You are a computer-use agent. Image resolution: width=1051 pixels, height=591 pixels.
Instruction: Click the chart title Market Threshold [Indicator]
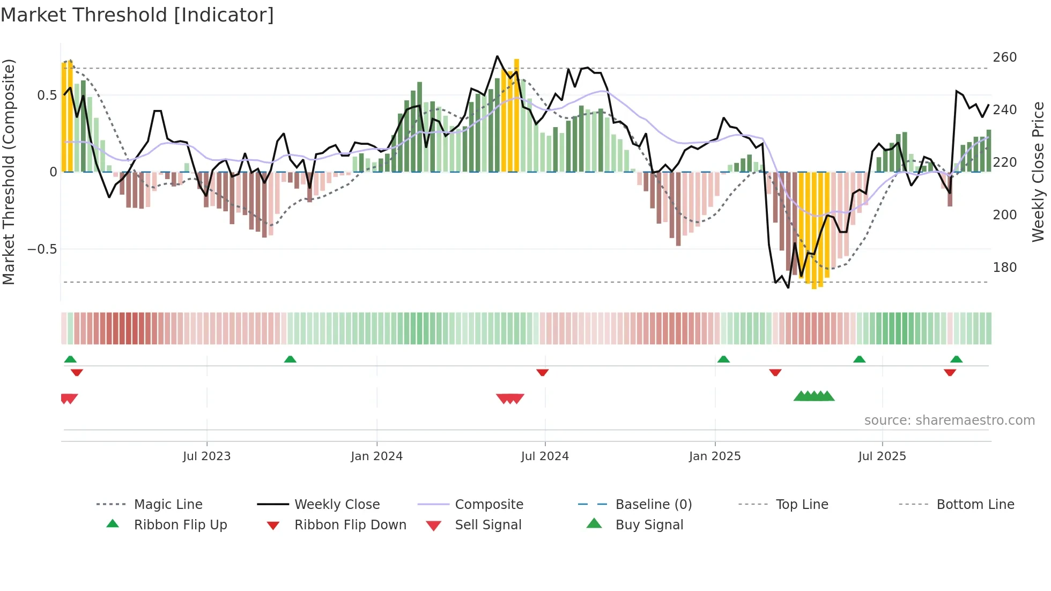137,15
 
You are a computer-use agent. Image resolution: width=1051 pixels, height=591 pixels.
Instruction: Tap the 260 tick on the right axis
1004,57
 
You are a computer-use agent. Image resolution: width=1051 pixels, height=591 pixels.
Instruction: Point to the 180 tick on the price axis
1004,268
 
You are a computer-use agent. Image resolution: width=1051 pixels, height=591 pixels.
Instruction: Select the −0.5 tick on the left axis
42,249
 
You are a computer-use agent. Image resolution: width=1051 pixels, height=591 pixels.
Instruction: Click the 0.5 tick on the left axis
47,95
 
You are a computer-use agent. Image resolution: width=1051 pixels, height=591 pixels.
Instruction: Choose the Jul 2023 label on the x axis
206,456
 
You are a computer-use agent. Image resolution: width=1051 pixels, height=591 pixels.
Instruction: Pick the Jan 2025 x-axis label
714,456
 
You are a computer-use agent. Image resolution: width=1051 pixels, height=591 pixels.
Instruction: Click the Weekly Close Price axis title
1038,172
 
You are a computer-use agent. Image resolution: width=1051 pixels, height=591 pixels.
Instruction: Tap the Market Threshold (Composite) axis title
9,172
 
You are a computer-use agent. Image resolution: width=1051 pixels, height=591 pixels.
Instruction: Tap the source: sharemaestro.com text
949,420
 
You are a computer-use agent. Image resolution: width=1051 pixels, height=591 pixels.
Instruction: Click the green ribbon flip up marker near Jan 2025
723,359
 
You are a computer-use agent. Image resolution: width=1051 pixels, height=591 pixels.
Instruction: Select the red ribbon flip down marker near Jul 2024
542,372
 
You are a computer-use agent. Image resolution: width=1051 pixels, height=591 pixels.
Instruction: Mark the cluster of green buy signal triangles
814,396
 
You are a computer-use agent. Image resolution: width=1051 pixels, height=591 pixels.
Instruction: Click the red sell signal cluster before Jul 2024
510,398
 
